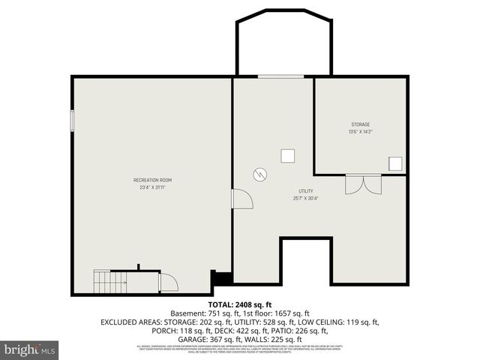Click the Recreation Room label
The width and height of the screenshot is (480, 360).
click(152, 180)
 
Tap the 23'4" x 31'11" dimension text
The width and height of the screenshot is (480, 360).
click(152, 187)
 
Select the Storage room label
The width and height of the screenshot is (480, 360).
click(360, 124)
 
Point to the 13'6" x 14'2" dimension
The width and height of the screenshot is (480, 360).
click(360, 132)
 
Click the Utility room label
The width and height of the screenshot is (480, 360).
click(305, 190)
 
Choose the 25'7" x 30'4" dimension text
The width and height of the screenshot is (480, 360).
click(305, 198)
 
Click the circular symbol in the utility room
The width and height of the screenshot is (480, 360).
click(259, 173)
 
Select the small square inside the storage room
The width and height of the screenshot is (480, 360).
click(394, 163)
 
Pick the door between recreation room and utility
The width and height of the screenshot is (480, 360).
click(241, 199)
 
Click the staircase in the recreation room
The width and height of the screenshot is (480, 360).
click(109, 282)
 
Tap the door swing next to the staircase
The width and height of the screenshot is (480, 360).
click(169, 282)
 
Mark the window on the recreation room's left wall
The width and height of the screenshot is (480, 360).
click(73, 121)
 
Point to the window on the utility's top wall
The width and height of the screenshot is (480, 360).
click(280, 76)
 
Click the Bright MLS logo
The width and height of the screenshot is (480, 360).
click(30, 349)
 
